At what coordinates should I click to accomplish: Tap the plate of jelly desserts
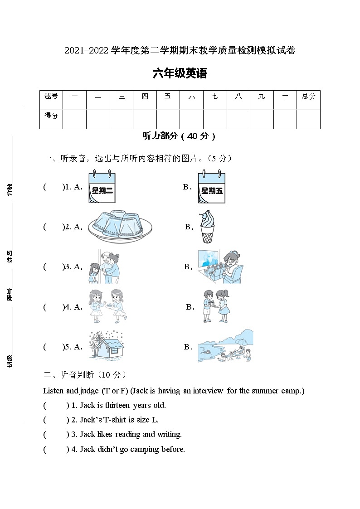[x=120, y=227]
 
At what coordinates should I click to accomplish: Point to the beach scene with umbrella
[x=225, y=346]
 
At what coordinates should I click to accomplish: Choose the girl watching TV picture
[x=220, y=267]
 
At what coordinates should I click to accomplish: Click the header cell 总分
[x=308, y=96]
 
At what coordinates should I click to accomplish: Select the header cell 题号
[x=51, y=96]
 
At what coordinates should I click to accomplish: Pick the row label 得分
[x=51, y=116]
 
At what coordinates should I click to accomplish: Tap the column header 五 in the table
[x=168, y=96]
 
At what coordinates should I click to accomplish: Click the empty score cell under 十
[x=285, y=119]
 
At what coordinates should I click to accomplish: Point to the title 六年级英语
[x=180, y=74]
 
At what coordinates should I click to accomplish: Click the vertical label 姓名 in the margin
[x=10, y=257]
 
